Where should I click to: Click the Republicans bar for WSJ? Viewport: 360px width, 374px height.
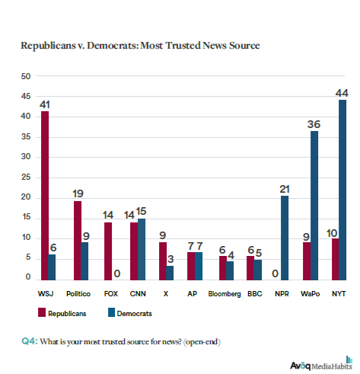[x=45, y=195]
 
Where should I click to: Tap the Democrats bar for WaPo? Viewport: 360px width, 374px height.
[x=315, y=205]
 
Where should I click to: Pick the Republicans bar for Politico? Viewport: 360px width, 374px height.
[x=77, y=240]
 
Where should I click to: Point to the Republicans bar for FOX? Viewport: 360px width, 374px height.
[x=109, y=250]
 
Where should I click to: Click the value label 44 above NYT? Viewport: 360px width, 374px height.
[x=342, y=92]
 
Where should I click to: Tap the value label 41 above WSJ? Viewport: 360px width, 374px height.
[x=45, y=104]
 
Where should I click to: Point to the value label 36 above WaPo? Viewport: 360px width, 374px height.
[x=314, y=123]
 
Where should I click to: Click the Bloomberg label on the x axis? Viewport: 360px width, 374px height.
[x=225, y=292]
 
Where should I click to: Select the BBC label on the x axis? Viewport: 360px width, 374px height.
[x=253, y=292]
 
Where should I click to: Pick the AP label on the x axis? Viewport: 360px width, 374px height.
[x=196, y=292]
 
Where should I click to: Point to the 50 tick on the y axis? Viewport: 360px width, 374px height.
[x=25, y=77]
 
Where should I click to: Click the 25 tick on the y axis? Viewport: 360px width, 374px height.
[x=25, y=177]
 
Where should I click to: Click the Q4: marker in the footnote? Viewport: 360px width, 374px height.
[x=31, y=337]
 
